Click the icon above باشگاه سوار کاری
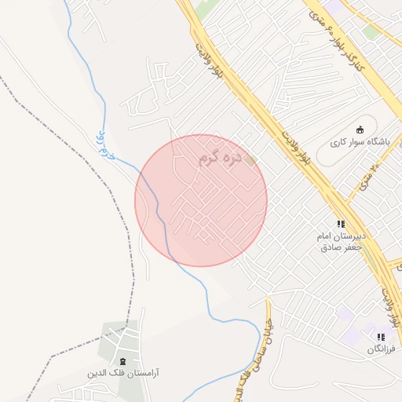360,130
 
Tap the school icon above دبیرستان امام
341,224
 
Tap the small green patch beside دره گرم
251,160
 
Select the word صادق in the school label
330,247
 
